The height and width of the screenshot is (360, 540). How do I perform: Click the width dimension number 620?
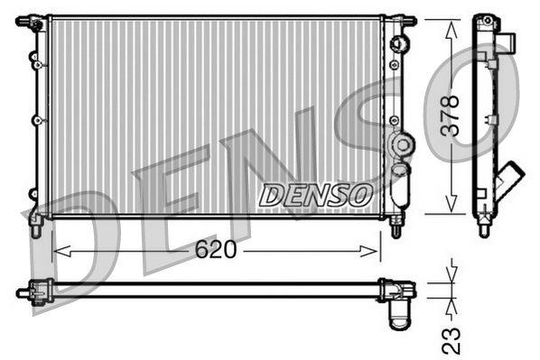pos(216,249)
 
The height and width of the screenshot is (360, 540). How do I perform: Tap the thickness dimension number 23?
pos(452,339)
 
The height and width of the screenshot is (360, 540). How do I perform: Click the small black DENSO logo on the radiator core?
pos(314,193)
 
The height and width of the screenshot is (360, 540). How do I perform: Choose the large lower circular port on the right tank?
pos(401,143)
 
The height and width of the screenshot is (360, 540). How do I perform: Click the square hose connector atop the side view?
pos(507,42)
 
